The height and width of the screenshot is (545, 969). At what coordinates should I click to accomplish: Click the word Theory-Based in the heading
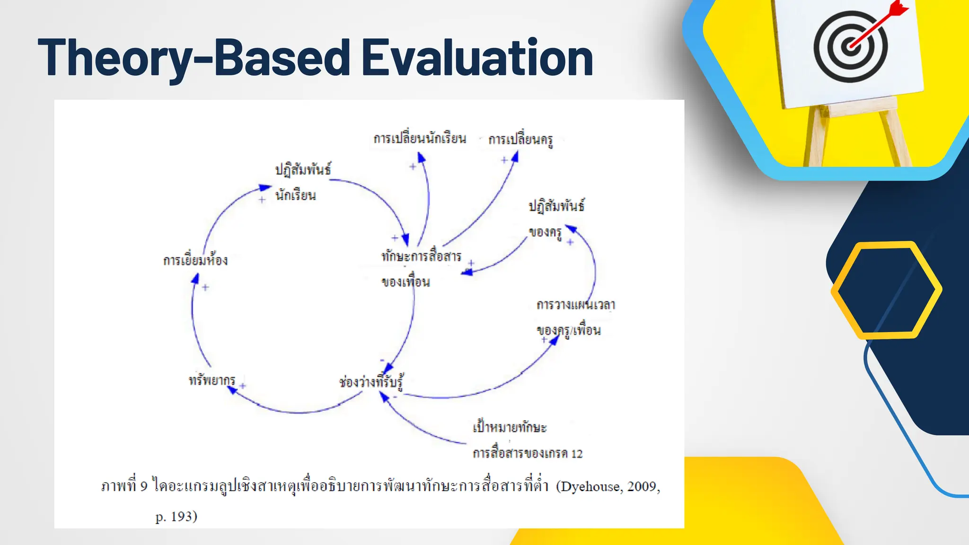coord(194,58)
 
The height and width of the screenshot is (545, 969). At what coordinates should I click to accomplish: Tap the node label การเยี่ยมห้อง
coord(195,260)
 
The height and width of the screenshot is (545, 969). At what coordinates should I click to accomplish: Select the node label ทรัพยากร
coord(211,380)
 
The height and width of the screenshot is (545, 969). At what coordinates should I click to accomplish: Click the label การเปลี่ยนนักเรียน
coord(420,139)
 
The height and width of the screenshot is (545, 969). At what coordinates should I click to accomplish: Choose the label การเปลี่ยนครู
coord(520,140)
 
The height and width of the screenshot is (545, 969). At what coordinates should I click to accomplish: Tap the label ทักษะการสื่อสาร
coord(421,256)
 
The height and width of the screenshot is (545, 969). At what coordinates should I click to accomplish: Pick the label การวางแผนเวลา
coord(575,305)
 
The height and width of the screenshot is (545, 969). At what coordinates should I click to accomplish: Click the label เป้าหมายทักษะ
coord(510,428)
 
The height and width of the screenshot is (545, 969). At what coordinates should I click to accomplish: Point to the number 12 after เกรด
coord(577,454)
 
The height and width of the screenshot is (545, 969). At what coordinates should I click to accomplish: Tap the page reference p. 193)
coord(176,516)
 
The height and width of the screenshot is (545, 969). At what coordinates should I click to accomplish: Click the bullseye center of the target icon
coord(850,46)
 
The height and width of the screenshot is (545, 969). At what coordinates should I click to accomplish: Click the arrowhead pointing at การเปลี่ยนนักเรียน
coord(421,158)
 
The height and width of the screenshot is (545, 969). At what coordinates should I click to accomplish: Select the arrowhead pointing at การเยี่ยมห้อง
coord(195,278)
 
